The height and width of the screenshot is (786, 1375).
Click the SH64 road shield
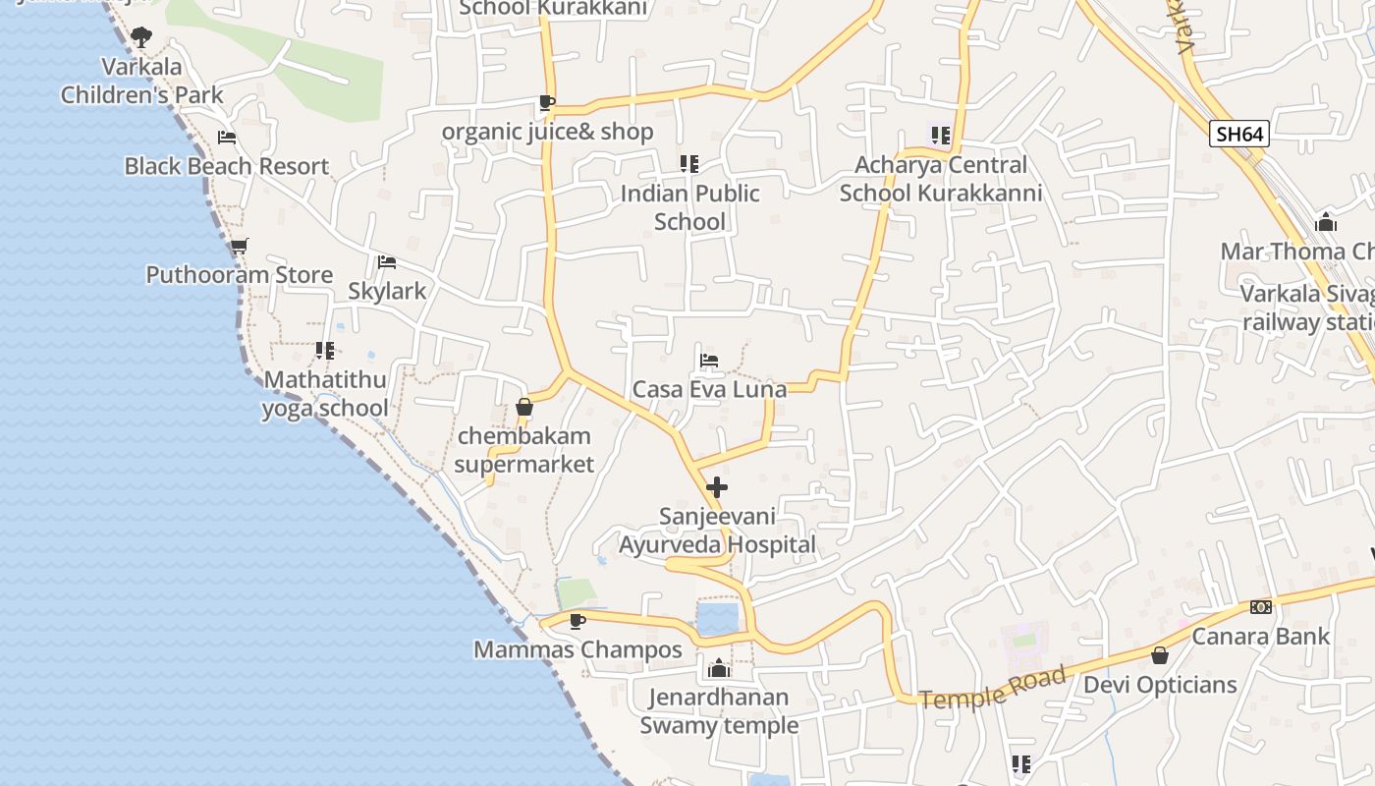(x=1238, y=134)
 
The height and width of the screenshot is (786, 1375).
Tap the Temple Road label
(x=993, y=687)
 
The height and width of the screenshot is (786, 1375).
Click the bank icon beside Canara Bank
(x=1261, y=607)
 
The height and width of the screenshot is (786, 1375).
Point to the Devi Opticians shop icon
(x=1160, y=655)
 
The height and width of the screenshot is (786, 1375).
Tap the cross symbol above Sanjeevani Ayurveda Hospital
(x=717, y=486)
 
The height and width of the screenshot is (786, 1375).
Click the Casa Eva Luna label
(x=709, y=389)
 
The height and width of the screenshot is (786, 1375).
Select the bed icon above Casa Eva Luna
(x=709, y=360)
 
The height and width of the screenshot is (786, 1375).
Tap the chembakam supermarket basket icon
(x=524, y=406)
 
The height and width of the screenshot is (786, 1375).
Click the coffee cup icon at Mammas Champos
(x=577, y=620)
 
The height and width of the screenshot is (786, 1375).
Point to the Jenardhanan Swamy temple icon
(x=719, y=668)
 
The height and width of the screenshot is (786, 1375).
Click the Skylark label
(x=387, y=291)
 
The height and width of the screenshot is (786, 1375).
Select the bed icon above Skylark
(x=387, y=262)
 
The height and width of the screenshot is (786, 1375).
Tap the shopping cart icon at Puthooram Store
(x=239, y=246)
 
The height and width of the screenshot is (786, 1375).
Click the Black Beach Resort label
(x=226, y=166)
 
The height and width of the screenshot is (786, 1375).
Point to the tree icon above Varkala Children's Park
(x=141, y=37)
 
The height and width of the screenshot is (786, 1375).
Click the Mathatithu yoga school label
(x=325, y=393)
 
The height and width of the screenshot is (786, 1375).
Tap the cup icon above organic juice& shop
(x=547, y=102)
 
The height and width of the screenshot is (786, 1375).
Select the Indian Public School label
(x=689, y=206)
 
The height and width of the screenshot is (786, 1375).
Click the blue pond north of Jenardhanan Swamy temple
(x=717, y=619)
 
